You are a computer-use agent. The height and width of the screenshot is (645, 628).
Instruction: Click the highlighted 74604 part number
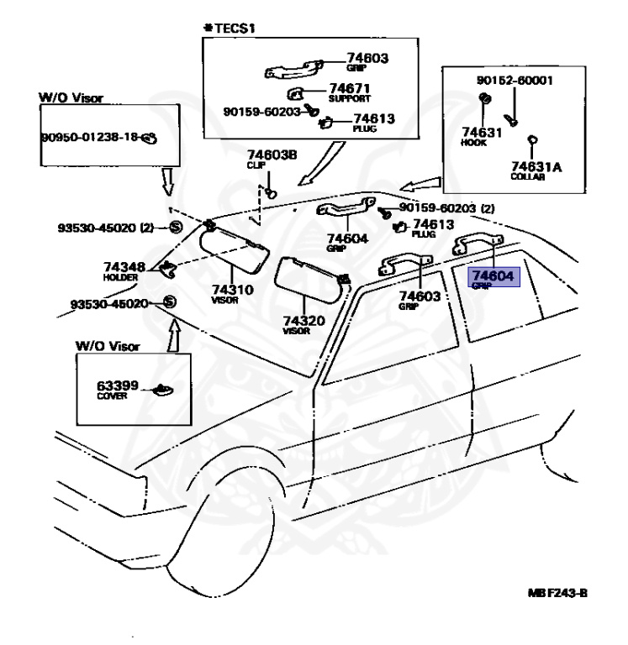493,275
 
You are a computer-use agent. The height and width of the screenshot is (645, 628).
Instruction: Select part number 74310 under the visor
233,289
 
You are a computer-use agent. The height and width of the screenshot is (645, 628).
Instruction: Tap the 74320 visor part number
303,320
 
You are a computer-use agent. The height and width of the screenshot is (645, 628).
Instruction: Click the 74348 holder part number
124,267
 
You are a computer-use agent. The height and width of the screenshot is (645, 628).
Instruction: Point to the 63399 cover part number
118,385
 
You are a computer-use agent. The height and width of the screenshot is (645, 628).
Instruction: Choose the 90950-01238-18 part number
90,137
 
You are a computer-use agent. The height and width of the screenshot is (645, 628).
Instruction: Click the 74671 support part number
350,88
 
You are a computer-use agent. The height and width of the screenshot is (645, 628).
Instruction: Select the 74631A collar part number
536,166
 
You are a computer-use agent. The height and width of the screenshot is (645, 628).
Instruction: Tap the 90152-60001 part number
515,81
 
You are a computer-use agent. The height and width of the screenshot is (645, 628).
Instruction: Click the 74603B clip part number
272,155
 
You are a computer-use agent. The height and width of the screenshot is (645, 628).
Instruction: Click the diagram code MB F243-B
557,593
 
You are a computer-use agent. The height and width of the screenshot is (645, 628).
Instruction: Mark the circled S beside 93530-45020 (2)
176,227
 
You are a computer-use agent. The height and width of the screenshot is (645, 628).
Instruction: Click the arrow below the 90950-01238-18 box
167,181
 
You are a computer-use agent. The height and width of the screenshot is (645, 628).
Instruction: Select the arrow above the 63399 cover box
175,336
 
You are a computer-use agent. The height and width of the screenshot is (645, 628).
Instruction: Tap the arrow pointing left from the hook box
420,184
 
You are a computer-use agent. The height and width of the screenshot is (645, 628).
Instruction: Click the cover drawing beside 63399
163,389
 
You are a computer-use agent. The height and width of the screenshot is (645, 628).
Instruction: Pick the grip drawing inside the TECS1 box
293,69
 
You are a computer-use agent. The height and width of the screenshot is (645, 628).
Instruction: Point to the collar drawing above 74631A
532,140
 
